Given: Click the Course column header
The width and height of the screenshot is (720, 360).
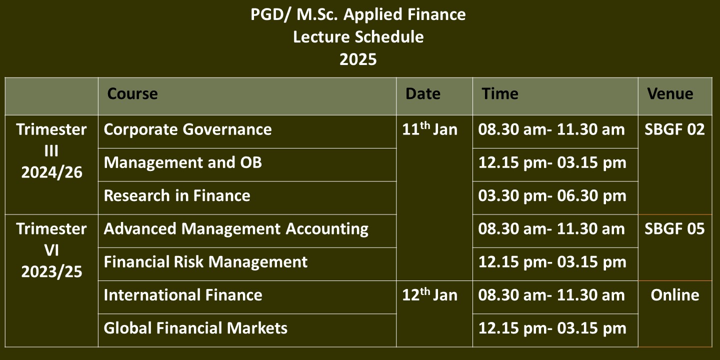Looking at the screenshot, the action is pos(132,94).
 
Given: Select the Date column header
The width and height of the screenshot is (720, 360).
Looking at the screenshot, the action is pos(422,94).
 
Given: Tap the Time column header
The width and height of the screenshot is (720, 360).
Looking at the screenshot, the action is pos(500,94).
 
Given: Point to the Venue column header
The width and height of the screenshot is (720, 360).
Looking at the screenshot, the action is pos(670,94).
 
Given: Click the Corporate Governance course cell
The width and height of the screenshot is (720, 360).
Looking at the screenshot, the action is pos(187,129).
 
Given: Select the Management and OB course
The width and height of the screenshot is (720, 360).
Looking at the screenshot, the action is pos(183,162).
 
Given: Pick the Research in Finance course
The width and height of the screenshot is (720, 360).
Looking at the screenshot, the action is pos(177,195).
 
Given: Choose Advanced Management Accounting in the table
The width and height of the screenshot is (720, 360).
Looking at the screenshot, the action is pos(236,229).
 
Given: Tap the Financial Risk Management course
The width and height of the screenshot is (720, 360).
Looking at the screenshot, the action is pos(205,262).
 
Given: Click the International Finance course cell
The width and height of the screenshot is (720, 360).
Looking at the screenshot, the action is pos(183,295).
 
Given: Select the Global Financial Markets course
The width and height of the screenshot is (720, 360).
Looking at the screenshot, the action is pos(195,328).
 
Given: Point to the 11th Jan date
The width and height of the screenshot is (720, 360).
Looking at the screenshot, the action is pos(430,129).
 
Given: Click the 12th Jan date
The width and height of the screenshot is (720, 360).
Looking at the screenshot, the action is pos(430,294).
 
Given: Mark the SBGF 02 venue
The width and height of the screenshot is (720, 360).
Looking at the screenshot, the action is pos(674,129).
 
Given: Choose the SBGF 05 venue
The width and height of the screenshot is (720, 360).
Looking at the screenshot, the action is pos(674,229).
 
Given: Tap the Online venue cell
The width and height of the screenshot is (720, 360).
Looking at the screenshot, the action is pos(675,295).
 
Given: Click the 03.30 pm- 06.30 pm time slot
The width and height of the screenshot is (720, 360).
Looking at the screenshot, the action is pos(552,196).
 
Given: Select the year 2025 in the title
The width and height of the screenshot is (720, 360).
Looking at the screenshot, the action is pos(358,59).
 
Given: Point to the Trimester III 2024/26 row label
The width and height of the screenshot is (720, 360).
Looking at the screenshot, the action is pos(51,151).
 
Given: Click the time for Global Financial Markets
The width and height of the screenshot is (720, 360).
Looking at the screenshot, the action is pos(552,328).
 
